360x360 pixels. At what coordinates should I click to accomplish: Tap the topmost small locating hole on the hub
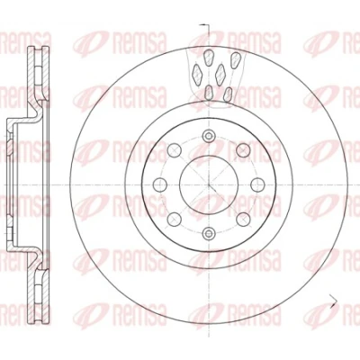pyautogui.click(x=208, y=136)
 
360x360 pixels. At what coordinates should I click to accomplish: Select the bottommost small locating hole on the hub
pyautogui.click(x=208, y=232)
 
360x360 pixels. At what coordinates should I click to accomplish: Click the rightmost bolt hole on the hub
pyautogui.click(x=257, y=184)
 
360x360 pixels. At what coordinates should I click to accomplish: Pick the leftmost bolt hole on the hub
pyautogui.click(x=160, y=184)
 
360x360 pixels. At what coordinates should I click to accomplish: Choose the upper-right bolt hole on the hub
pyautogui.click(x=243, y=150)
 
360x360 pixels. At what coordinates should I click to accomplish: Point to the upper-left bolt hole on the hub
pyautogui.click(x=175, y=150)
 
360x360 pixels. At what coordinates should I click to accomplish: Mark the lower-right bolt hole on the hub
pyautogui.click(x=243, y=219)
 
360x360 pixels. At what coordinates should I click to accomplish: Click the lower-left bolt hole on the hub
pyautogui.click(x=175, y=219)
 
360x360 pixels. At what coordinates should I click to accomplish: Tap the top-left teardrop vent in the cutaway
pyautogui.click(x=208, y=57)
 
